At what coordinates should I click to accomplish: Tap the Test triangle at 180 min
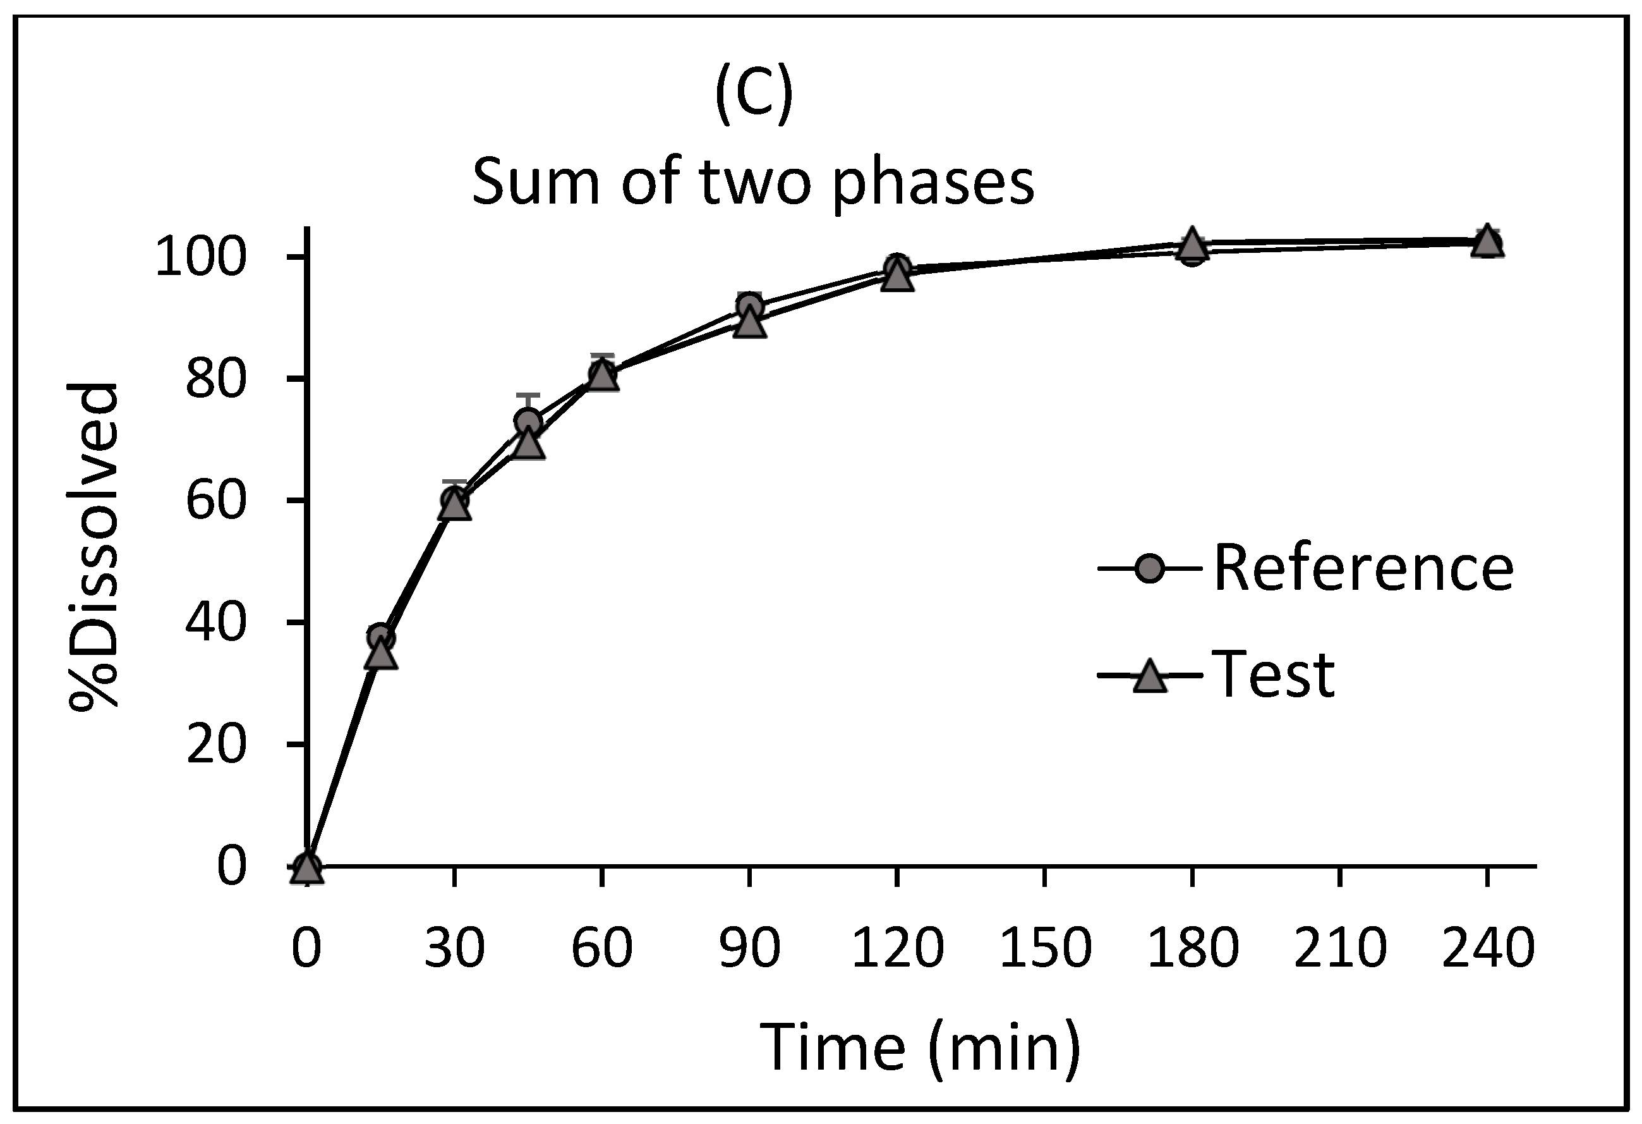[1192, 243]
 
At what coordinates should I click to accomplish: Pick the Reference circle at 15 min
[381, 636]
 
